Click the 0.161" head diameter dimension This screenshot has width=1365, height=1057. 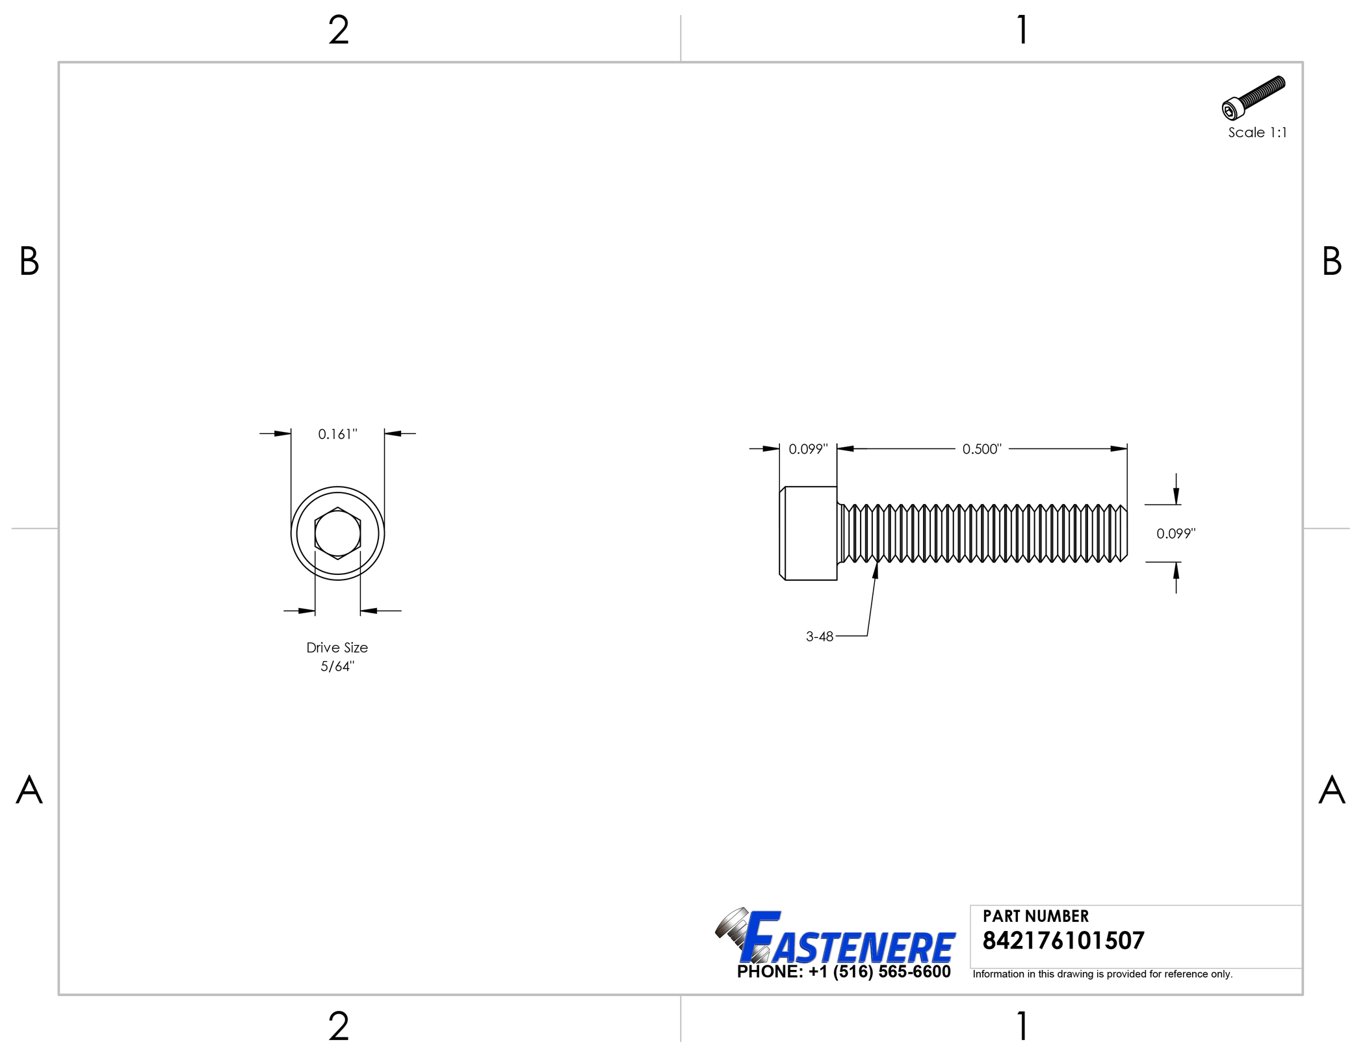pyautogui.click(x=337, y=434)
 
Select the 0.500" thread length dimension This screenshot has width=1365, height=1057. pyautogui.click(x=981, y=449)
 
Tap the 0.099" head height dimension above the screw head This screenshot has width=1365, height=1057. pyautogui.click(x=808, y=449)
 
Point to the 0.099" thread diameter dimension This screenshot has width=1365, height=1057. pyautogui.click(x=1175, y=533)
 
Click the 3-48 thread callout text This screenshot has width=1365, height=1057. pyautogui.click(x=819, y=637)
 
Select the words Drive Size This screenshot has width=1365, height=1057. pyautogui.click(x=337, y=648)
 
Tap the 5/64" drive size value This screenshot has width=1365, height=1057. pyautogui.click(x=337, y=667)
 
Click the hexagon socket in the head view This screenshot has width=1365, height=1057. pyautogui.click(x=337, y=533)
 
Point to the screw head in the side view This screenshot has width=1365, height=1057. pyautogui.click(x=809, y=533)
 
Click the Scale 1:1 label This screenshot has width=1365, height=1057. pyautogui.click(x=1256, y=133)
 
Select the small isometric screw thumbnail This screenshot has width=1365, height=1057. pyautogui.click(x=1253, y=98)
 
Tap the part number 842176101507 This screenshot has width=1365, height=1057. pyautogui.click(x=1063, y=941)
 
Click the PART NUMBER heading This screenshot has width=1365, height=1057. pyautogui.click(x=1035, y=916)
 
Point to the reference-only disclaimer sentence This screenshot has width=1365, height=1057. pyautogui.click(x=1102, y=974)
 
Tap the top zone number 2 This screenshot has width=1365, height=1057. pyautogui.click(x=339, y=31)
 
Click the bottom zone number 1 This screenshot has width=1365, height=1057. pyautogui.click(x=1022, y=1026)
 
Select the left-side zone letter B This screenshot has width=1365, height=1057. pyautogui.click(x=29, y=261)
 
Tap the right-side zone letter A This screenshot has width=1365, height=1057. pyautogui.click(x=1331, y=790)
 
